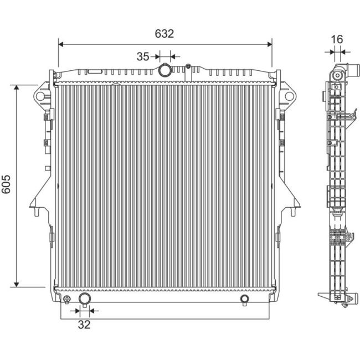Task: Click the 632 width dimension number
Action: (x=164, y=33)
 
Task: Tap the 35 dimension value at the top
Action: (x=143, y=56)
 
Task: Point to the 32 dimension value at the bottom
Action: (x=84, y=325)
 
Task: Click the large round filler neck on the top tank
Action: (x=164, y=70)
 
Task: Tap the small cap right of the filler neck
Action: (x=188, y=68)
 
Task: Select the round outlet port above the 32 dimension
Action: (x=84, y=300)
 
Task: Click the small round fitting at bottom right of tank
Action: (x=245, y=300)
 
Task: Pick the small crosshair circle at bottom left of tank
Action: (x=66, y=300)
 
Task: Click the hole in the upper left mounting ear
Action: (x=40, y=96)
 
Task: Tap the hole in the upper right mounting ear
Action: (x=288, y=96)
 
